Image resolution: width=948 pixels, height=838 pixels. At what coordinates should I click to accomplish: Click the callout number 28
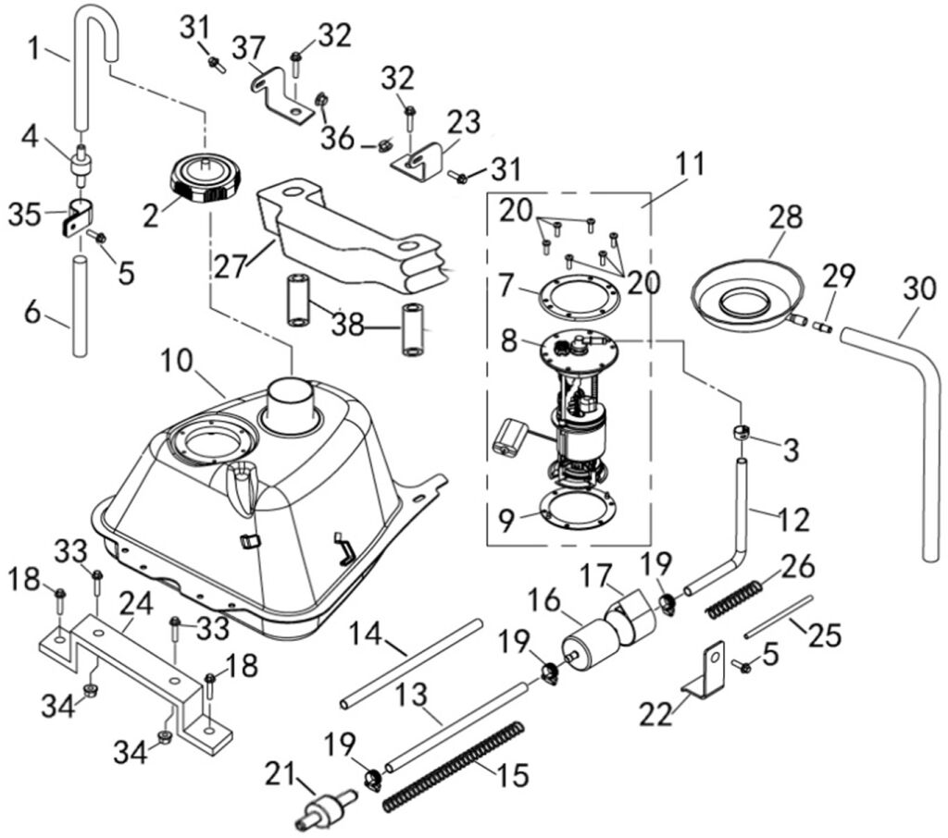pos(784,217)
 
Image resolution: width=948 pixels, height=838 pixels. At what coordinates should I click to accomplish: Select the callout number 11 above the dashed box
pos(689,165)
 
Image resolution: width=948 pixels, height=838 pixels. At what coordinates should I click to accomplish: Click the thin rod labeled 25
pos(780,622)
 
